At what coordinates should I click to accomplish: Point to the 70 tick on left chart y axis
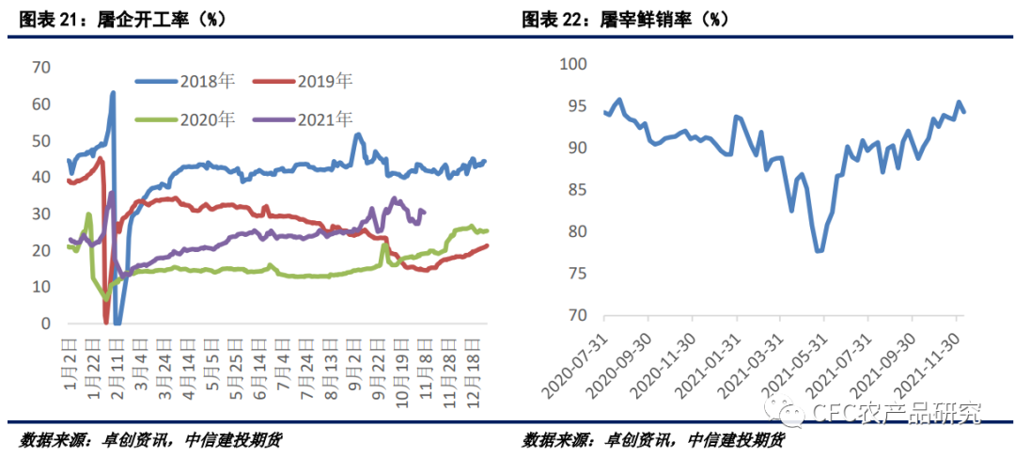pyautogui.click(x=40, y=67)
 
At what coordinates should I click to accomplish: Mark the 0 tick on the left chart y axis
pyautogui.click(x=45, y=324)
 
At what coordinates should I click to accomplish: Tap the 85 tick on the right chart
pyautogui.click(x=576, y=190)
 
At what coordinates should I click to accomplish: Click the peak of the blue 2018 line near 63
pyautogui.click(x=113, y=93)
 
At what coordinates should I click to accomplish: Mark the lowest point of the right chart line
pyautogui.click(x=820, y=250)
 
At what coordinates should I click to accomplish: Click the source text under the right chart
pyautogui.click(x=652, y=440)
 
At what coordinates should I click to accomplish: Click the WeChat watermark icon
pyautogui.click(x=782, y=411)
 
